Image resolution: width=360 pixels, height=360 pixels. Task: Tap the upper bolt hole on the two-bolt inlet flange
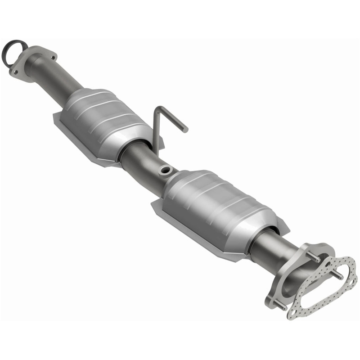[x=53, y=57]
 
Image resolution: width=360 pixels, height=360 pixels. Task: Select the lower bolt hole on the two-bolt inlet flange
[x=15, y=72]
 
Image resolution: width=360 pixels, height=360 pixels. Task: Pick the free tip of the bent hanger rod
[x=185, y=130]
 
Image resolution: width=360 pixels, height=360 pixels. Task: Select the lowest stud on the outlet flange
[x=279, y=305]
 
